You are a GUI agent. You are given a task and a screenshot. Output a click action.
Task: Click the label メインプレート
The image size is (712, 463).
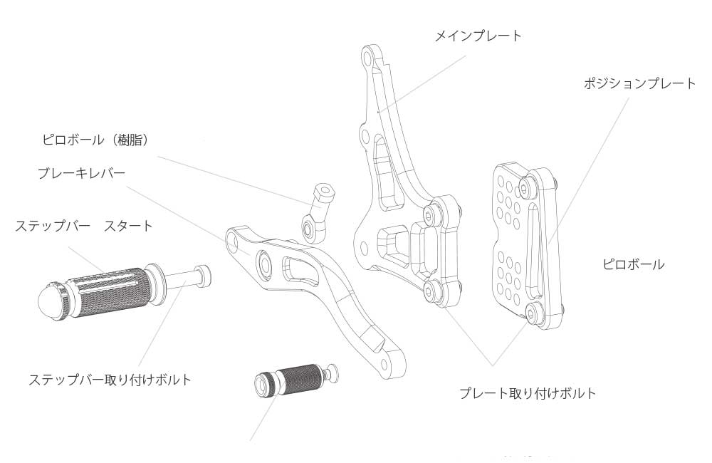(478, 36)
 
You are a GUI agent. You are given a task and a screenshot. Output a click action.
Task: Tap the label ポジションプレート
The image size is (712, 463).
(639, 83)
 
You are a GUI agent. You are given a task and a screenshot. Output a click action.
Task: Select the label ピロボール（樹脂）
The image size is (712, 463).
(96, 140)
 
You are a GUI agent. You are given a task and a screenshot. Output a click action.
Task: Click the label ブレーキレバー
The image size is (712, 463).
(81, 173)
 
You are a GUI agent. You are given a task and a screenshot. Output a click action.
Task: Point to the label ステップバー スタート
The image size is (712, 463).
(84, 226)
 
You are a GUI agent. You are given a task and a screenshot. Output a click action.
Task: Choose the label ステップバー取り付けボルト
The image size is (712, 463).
(110, 380)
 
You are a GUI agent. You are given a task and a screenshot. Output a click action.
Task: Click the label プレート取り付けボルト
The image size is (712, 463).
(527, 393)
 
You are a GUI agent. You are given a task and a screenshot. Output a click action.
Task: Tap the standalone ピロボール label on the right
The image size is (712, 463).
(633, 264)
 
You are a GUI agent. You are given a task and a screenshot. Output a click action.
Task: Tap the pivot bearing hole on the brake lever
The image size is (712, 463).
(264, 262)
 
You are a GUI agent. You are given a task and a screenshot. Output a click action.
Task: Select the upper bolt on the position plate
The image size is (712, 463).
(527, 187)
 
